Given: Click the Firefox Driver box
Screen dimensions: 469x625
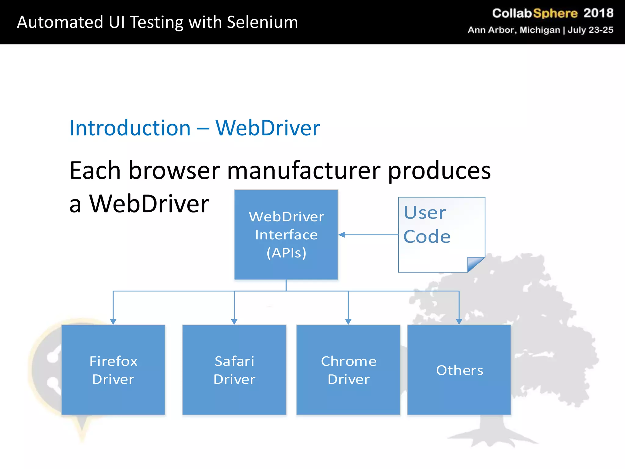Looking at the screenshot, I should point(113,370).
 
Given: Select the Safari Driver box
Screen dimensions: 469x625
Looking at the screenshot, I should point(234,370).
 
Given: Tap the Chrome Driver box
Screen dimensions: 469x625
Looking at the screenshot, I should point(348,370).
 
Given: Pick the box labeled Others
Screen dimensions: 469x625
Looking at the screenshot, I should point(459,370).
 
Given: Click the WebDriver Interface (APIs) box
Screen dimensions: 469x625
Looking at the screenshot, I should point(286,234).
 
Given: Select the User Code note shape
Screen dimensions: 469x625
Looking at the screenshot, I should point(441,234).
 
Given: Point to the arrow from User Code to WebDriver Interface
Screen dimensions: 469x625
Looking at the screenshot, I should point(369,234).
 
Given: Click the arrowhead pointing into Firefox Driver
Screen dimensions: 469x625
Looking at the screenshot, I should point(113,322).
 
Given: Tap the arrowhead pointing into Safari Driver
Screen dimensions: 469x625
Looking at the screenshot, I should point(234,322).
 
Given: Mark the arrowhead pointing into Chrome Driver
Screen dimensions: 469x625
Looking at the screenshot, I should point(348,322).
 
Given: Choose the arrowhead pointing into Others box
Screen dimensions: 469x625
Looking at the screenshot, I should point(459,322).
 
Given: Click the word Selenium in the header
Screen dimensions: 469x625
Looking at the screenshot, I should point(262,22).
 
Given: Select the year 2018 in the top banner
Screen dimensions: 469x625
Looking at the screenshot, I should point(598,13).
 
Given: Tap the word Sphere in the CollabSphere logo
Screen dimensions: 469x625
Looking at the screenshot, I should point(555,13).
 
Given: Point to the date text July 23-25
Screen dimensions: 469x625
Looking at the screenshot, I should point(590,30).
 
